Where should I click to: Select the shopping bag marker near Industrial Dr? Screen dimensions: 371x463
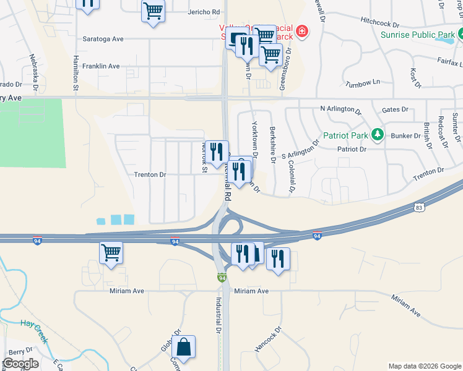pos(184,348)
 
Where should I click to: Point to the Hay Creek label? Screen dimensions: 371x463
pos(29,323)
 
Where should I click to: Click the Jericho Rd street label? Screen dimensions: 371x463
pos(207,12)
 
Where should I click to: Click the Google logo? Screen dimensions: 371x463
pos(20,364)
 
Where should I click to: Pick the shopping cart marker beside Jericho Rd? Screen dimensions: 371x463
pos(152,11)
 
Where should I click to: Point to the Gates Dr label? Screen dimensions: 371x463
pos(395,109)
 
